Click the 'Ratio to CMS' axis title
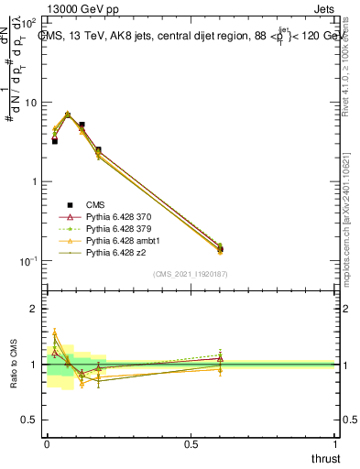click(x=13, y=365)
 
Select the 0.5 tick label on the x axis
click(x=191, y=442)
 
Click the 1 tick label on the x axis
click(x=336, y=442)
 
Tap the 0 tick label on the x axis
click(x=47, y=442)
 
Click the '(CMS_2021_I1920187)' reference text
click(x=191, y=274)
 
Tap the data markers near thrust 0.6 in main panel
click(x=220, y=247)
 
